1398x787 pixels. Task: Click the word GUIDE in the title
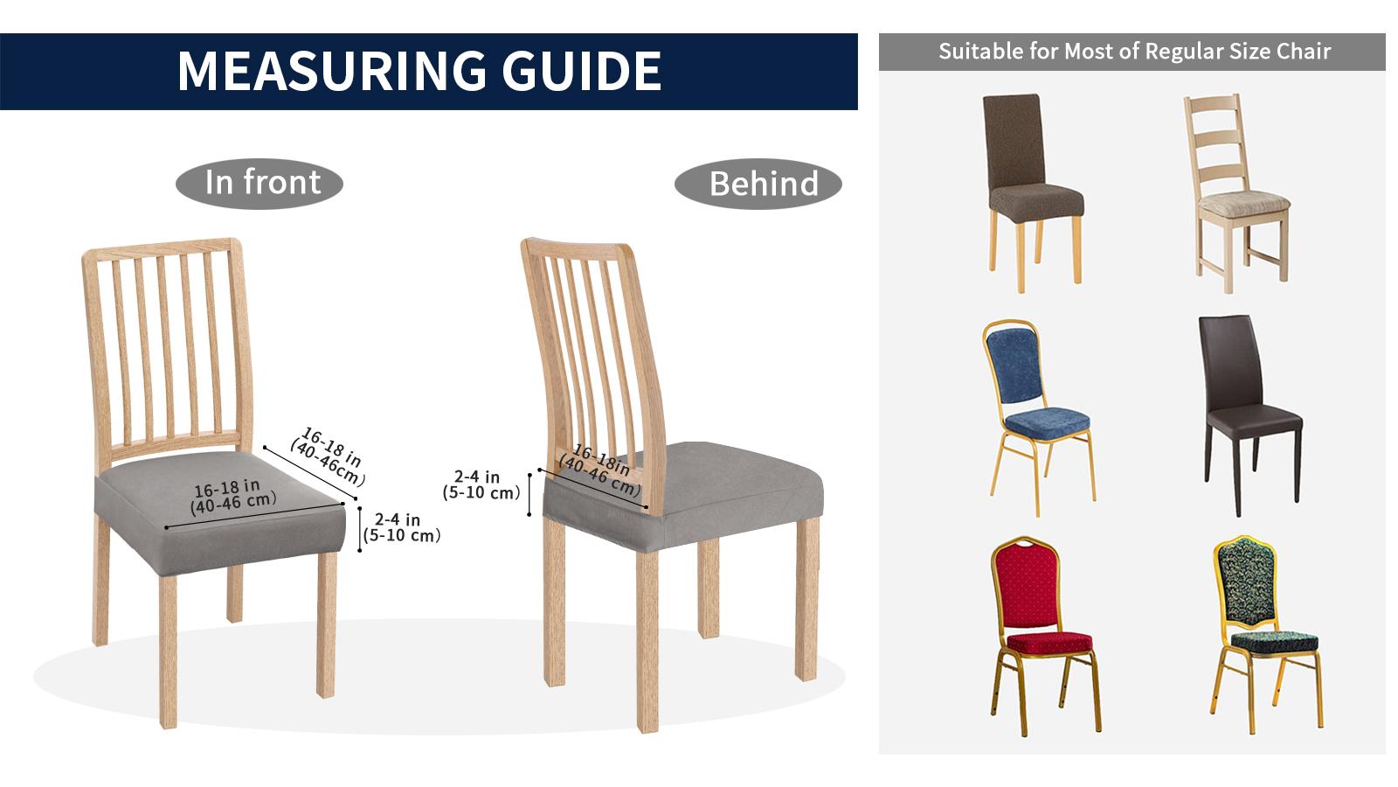click(x=583, y=71)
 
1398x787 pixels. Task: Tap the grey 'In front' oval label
click(x=260, y=183)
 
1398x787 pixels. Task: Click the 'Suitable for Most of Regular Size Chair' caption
click(x=1133, y=52)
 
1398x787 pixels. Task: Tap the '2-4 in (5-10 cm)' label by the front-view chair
click(x=401, y=528)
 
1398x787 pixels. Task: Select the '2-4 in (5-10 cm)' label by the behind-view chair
click(x=481, y=484)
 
